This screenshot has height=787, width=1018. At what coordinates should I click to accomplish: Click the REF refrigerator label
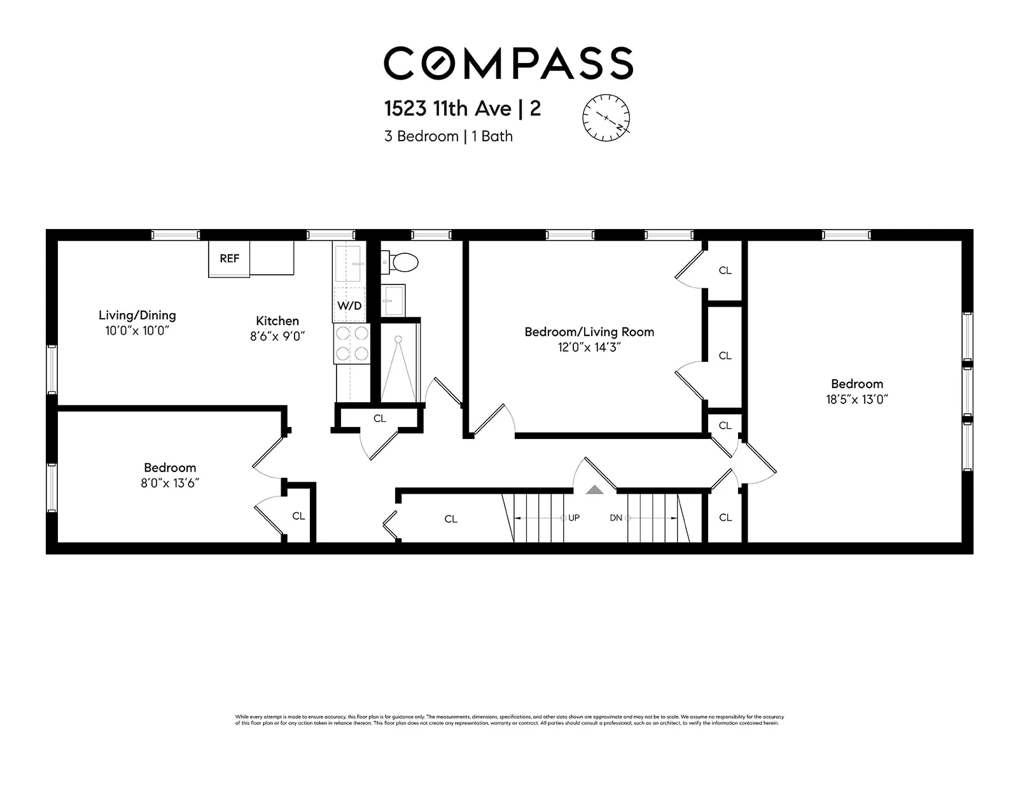click(229, 258)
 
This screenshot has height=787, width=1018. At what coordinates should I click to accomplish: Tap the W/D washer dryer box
click(349, 305)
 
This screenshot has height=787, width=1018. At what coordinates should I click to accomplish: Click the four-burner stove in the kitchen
click(352, 344)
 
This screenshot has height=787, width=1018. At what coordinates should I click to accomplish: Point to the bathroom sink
click(393, 300)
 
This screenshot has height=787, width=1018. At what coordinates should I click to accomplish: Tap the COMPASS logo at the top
click(508, 63)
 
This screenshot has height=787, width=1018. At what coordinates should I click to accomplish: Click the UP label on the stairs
click(574, 518)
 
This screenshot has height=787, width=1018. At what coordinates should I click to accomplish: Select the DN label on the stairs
click(616, 518)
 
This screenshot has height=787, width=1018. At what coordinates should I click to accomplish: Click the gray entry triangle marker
click(594, 489)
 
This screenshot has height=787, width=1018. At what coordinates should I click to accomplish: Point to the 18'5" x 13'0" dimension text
click(856, 400)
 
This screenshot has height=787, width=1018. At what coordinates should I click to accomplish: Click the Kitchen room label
click(277, 321)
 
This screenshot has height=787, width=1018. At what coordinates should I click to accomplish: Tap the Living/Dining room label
click(137, 315)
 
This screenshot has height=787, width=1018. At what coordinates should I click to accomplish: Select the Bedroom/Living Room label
click(589, 331)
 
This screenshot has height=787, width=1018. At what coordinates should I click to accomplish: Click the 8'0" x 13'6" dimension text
click(170, 483)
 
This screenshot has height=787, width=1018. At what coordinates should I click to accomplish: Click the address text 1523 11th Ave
click(448, 109)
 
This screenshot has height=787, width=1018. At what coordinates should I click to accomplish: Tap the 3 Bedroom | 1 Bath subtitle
click(448, 136)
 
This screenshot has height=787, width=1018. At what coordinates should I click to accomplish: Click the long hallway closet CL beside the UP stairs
click(450, 519)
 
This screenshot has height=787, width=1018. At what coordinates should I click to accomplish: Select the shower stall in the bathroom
click(399, 363)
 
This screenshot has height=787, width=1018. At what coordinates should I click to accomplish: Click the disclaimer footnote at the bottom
click(509, 720)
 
